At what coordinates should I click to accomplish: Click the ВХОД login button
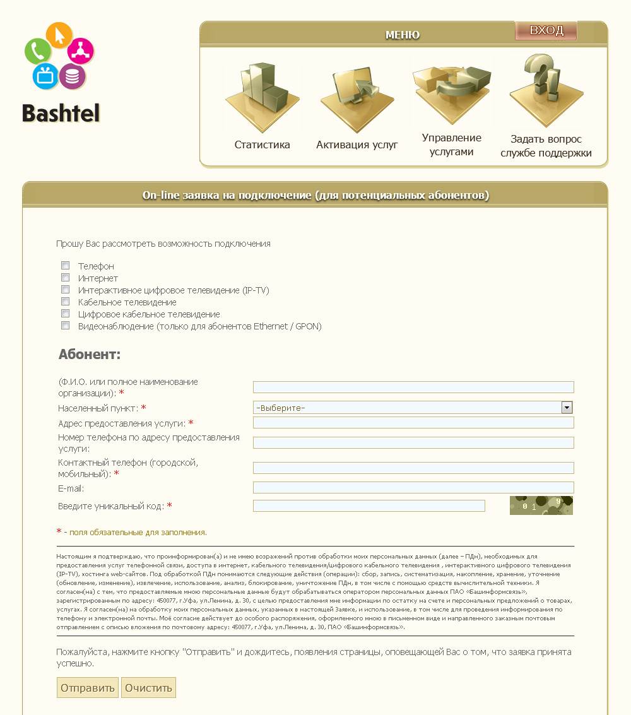546,30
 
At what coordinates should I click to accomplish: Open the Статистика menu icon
262,95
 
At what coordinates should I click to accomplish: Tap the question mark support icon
546,88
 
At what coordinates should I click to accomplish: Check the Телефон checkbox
65,266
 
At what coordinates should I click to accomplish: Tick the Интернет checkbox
65,278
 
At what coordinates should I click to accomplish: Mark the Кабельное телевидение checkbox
65,302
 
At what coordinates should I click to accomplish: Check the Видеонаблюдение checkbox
65,326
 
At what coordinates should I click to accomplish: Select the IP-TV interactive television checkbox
65,290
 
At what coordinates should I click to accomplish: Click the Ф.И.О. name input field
413,387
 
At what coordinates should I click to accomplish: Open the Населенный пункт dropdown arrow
567,408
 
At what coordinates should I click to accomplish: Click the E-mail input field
413,488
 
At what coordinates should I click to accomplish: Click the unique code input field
369,505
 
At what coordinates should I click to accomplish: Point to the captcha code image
541,505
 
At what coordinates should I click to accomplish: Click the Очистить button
148,688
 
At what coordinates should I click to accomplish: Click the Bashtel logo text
61,113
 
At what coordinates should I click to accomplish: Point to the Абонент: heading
89,354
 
